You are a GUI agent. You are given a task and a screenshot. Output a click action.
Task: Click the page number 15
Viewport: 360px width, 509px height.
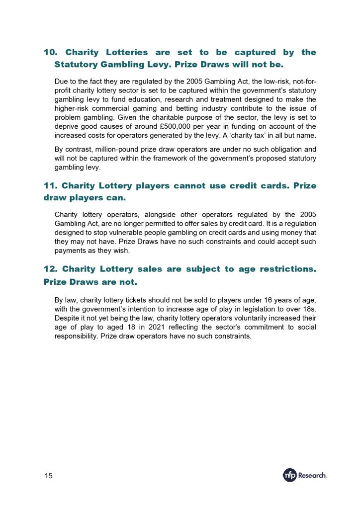pyautogui.click(x=49, y=476)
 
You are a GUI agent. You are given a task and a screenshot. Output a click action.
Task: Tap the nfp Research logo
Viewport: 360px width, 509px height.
pyautogui.click(x=305, y=475)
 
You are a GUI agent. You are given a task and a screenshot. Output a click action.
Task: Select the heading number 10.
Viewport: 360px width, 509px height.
pyautogui.click(x=51, y=52)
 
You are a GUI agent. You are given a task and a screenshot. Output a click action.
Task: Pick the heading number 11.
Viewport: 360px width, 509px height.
pyautogui.click(x=51, y=186)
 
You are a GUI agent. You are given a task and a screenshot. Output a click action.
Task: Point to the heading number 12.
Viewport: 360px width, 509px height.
pyautogui.click(x=51, y=269)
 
